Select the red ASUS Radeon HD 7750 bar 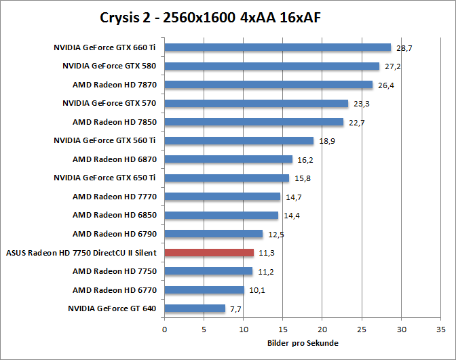point(209,253)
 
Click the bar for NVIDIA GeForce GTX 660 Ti point(278,47)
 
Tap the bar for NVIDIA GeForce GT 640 point(195,308)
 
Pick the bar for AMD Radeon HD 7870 point(269,85)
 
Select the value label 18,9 point(326,142)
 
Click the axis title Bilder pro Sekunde point(302,343)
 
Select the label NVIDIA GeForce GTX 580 point(109,66)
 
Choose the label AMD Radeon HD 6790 point(114,234)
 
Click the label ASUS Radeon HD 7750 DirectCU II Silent point(81,253)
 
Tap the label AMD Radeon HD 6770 point(114,290)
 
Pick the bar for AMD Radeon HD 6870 point(228,159)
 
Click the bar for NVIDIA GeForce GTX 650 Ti point(227,178)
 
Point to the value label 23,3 point(362,104)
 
